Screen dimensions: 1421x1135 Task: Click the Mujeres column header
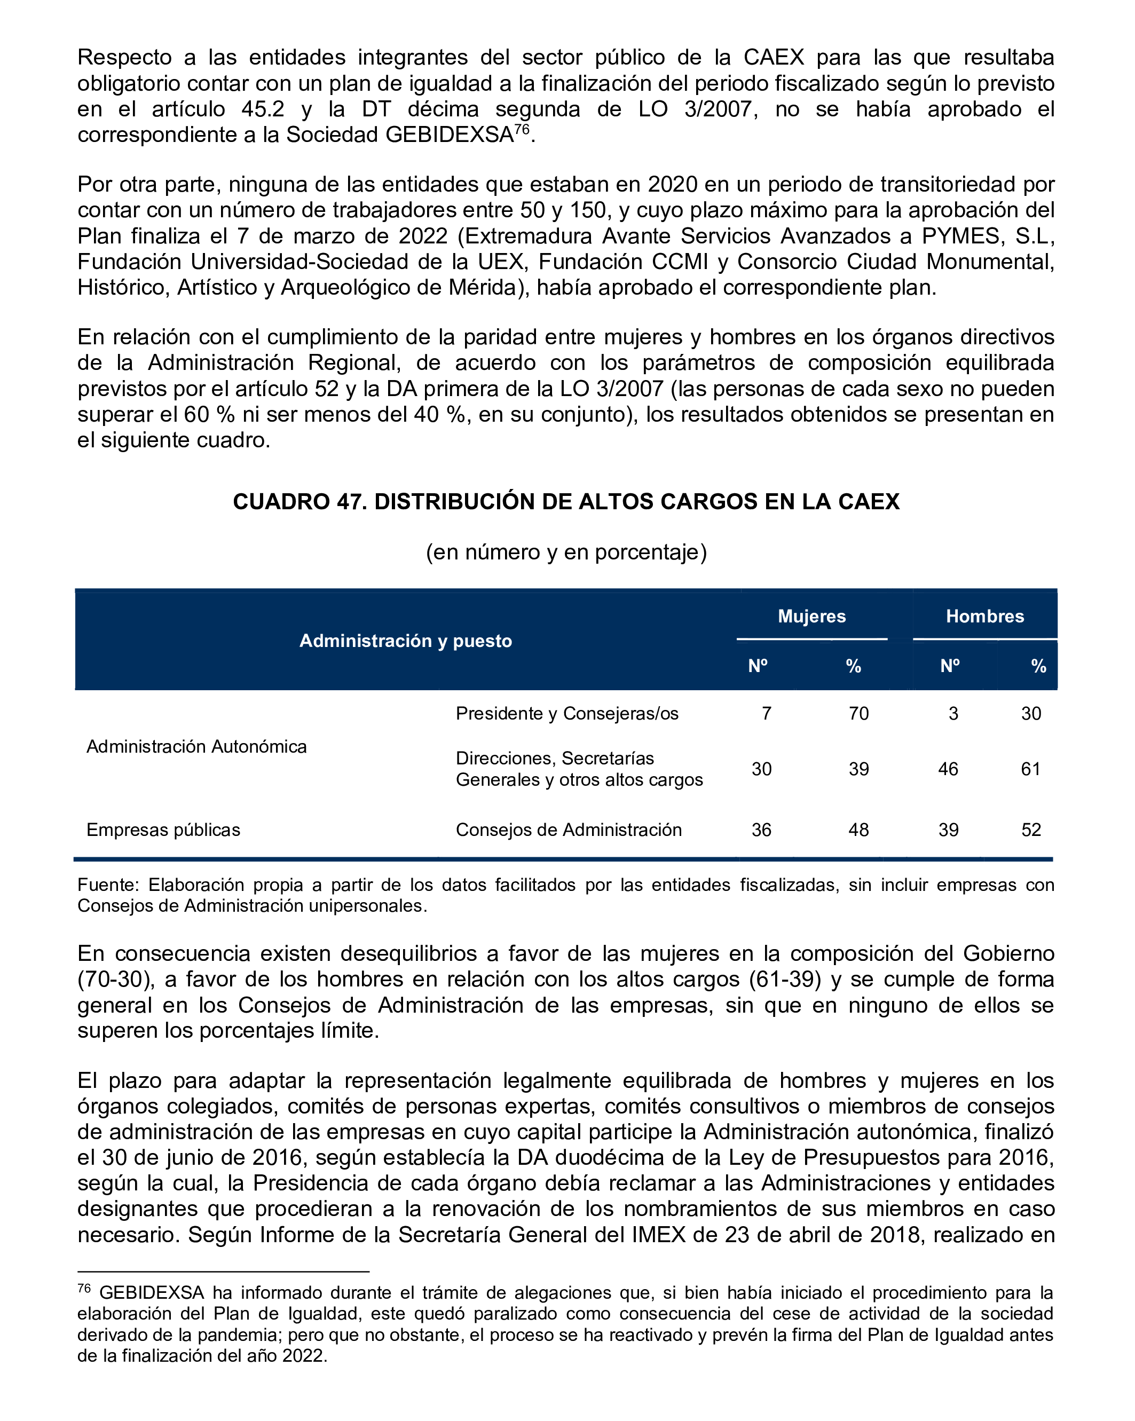tap(811, 616)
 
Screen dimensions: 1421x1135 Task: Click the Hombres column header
tap(985, 616)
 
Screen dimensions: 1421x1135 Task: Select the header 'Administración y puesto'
tap(405, 641)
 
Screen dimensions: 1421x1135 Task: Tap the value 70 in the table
tap(858, 713)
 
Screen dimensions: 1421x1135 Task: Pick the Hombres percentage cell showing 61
tap(1031, 769)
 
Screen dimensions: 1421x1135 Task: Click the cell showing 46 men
tap(948, 769)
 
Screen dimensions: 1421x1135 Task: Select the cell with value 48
tap(858, 829)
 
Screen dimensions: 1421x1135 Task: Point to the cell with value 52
tap(1031, 829)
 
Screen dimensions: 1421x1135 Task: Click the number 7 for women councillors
tap(766, 713)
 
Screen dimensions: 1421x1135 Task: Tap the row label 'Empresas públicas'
tap(163, 829)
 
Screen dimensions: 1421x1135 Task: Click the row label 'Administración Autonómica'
tap(196, 746)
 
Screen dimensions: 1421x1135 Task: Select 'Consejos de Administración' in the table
tap(568, 829)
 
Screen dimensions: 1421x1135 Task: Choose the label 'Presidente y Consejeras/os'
tap(567, 713)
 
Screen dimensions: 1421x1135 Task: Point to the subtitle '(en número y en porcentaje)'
tap(566, 551)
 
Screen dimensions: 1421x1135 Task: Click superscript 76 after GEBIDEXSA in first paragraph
tap(522, 129)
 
